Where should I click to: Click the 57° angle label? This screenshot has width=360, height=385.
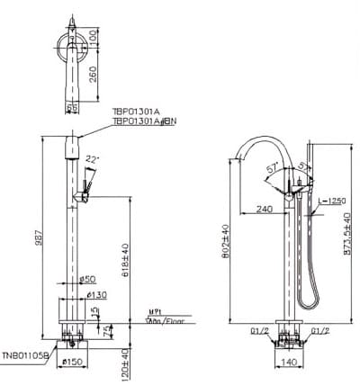click(273, 169)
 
